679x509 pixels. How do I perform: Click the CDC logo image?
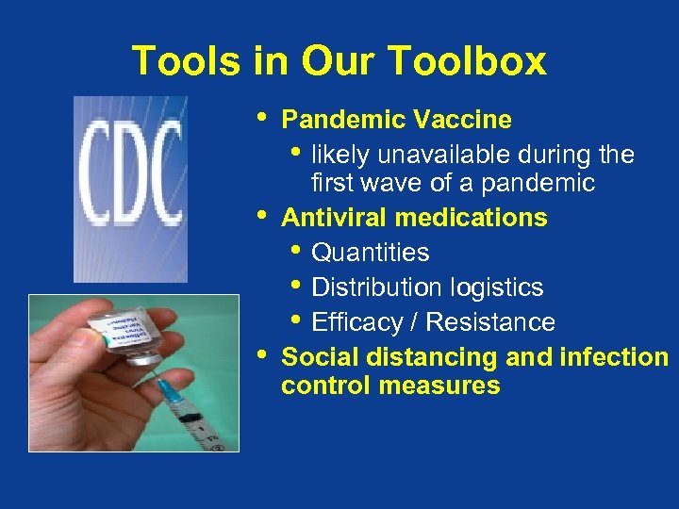[x=130, y=189]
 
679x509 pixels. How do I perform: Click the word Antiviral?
[x=335, y=218]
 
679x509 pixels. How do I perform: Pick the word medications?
[x=472, y=218]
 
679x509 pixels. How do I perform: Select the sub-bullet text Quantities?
[x=370, y=253]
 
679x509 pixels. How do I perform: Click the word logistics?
[x=500, y=287]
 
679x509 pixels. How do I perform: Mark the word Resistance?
[x=490, y=322]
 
